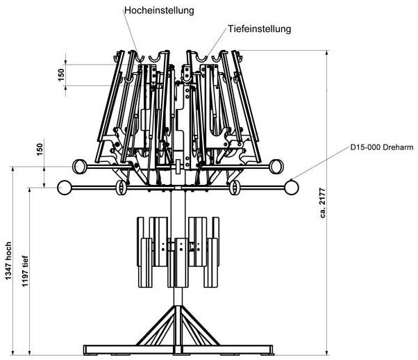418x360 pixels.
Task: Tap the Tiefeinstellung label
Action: coord(258,29)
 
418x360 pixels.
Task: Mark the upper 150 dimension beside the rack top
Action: coord(61,73)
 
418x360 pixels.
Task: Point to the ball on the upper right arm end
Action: coord(276,166)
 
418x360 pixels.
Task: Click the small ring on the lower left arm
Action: coord(120,188)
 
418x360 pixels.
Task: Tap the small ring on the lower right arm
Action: coord(234,188)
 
